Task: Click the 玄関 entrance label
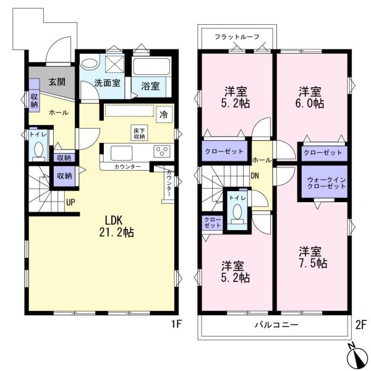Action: pos(58,82)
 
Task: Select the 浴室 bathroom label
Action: pos(150,86)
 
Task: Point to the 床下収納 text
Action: pos(140,132)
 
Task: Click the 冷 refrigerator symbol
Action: pos(164,114)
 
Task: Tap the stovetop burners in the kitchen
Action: pos(163,151)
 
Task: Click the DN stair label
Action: pos(254,175)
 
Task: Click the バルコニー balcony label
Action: pos(276,325)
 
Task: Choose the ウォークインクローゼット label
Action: pos(324,182)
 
